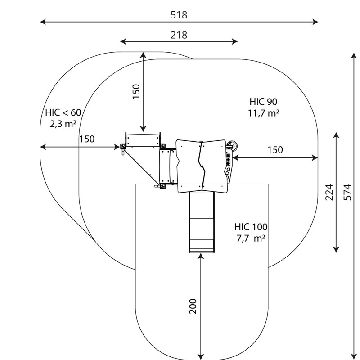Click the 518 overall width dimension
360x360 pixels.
point(179,15)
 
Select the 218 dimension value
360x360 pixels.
point(179,36)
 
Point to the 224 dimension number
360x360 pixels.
point(329,192)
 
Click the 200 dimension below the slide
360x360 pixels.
point(193,306)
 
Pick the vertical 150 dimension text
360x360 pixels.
point(136,91)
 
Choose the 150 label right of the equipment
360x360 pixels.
point(275,150)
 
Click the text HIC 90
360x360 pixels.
point(263,102)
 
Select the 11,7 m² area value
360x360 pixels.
point(264,113)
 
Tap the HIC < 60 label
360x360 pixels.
point(63,113)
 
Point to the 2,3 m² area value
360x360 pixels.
point(63,124)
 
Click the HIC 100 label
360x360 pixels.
point(251,227)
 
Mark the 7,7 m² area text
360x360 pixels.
point(251,238)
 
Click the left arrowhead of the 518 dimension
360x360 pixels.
point(43,22)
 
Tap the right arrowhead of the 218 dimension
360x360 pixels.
point(234,41)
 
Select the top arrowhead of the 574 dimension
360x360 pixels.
point(354,55)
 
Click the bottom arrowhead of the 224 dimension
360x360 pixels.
point(336,250)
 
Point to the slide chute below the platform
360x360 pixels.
point(201,222)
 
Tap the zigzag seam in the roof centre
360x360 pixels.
point(201,165)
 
